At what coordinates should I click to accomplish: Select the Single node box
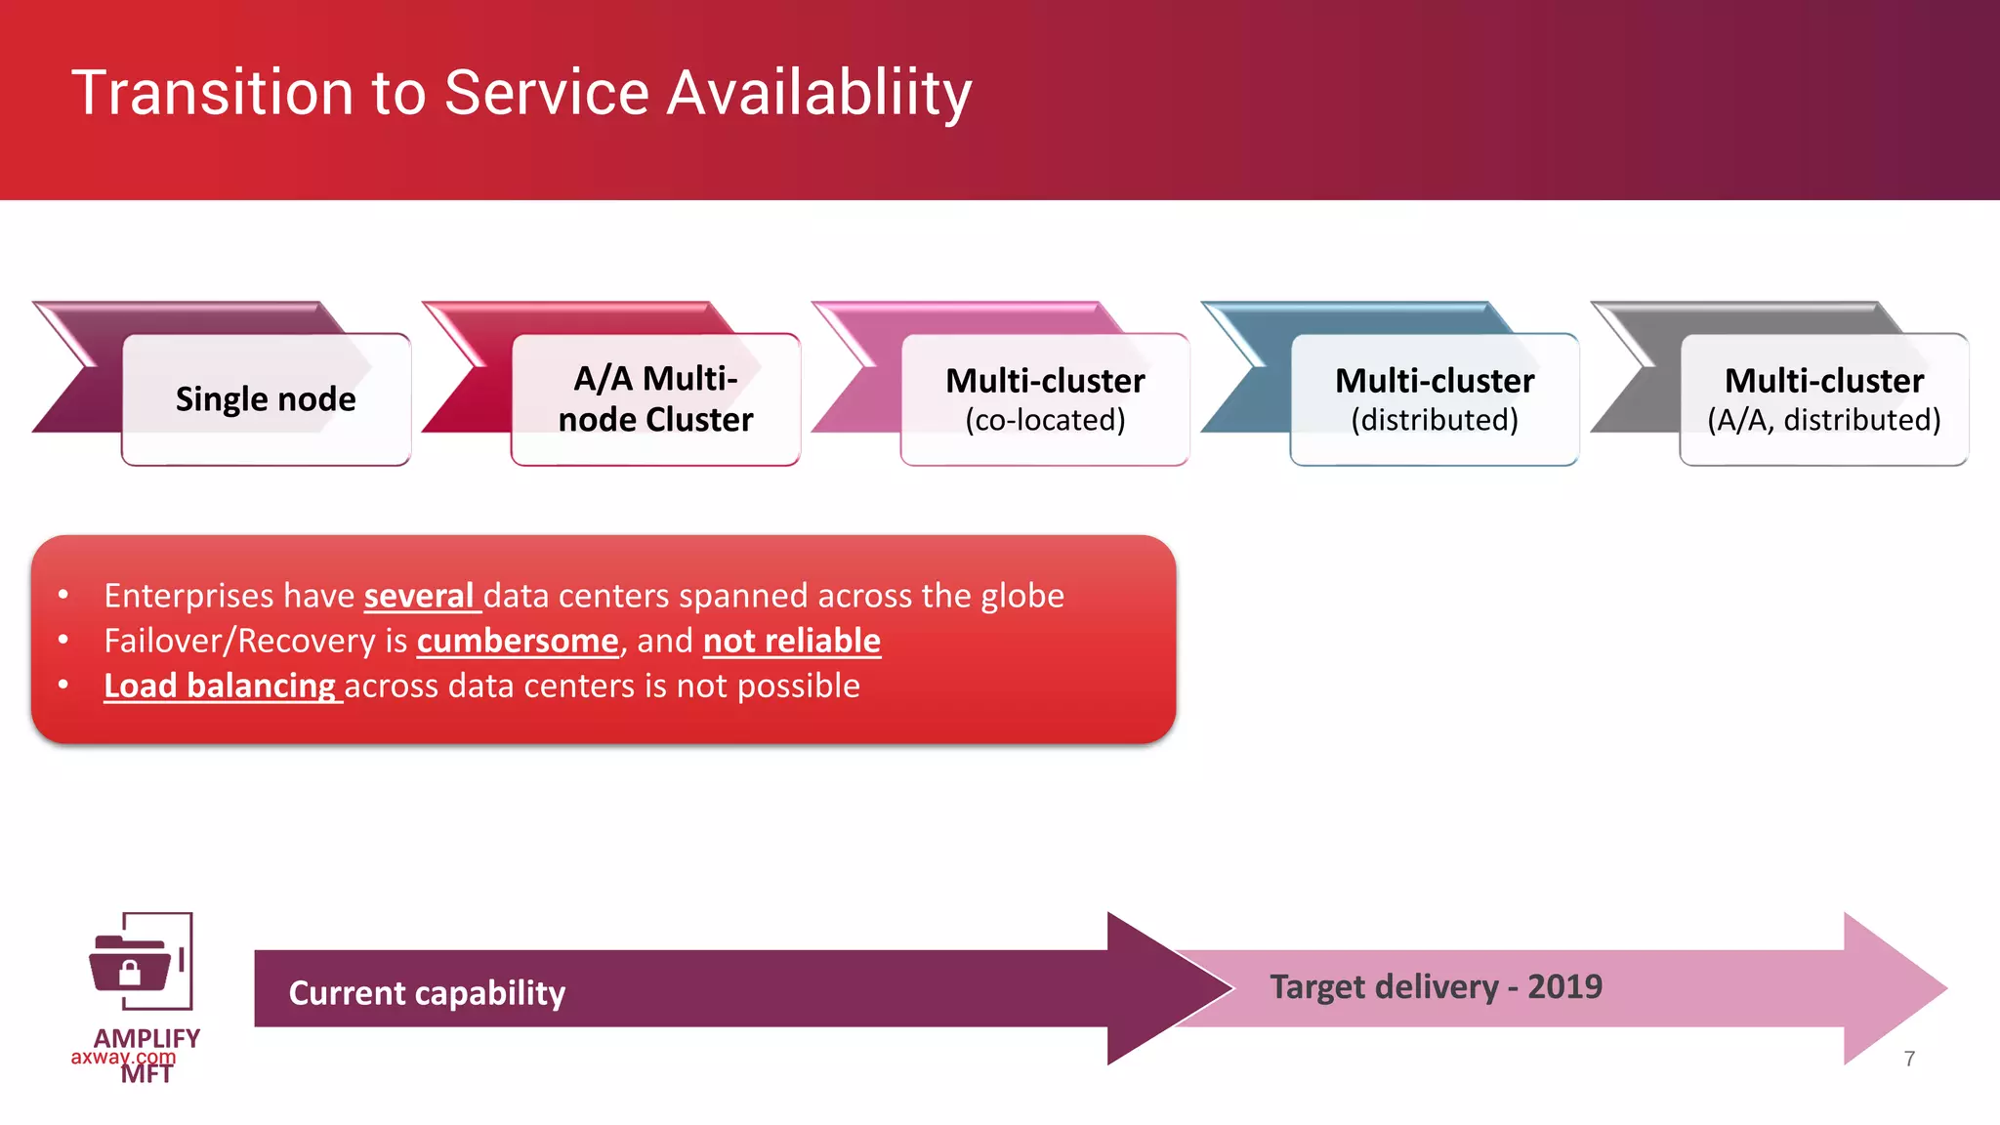pyautogui.click(x=266, y=399)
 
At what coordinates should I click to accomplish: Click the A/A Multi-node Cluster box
pyautogui.click(x=655, y=399)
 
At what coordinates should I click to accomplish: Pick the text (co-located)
pyautogui.click(x=1045, y=421)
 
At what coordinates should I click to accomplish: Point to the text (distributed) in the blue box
pyautogui.click(x=1434, y=421)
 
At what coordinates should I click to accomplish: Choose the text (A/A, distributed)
pyautogui.click(x=1823, y=421)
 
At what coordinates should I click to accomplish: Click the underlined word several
pyautogui.click(x=419, y=596)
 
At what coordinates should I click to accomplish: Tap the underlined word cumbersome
pyautogui.click(x=518, y=642)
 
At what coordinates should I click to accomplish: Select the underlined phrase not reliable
pyautogui.click(x=791, y=642)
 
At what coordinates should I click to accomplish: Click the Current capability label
pyautogui.click(x=427, y=993)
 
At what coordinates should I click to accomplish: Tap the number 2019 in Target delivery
pyautogui.click(x=1564, y=987)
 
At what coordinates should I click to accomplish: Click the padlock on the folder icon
pyautogui.click(x=129, y=972)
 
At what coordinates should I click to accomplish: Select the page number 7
pyautogui.click(x=1909, y=1059)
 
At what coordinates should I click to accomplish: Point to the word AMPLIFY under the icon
pyautogui.click(x=146, y=1038)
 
